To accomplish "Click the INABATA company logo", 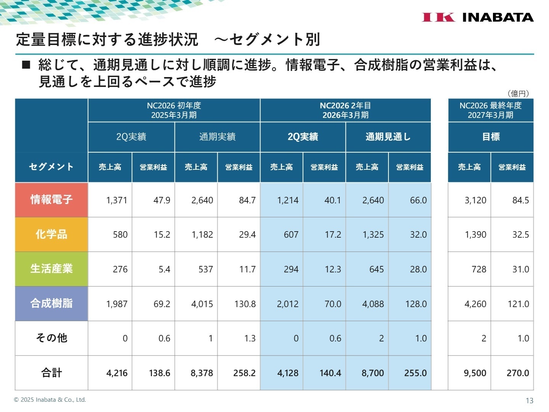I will (477, 17).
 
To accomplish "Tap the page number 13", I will (529, 401).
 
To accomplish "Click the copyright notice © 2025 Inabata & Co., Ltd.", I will (50, 400).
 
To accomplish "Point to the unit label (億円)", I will (518, 93).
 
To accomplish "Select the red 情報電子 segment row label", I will (51, 200).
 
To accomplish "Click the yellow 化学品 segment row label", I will (51, 234).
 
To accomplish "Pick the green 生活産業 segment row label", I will (51, 269).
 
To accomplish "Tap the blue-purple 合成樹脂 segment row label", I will (51, 303).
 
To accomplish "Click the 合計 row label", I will (51, 373).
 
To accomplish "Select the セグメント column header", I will (51, 167).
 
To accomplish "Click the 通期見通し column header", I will (388, 137).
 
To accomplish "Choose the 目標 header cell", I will (491, 137).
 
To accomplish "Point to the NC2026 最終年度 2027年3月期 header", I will (491, 110).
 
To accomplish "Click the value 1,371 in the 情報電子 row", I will (117, 200).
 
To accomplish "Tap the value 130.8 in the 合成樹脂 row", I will (245, 304).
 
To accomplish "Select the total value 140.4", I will (330, 373).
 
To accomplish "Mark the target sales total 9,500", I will (475, 373).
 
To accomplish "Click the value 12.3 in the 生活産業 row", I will (332, 269).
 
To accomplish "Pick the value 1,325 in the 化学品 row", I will (373, 235).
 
